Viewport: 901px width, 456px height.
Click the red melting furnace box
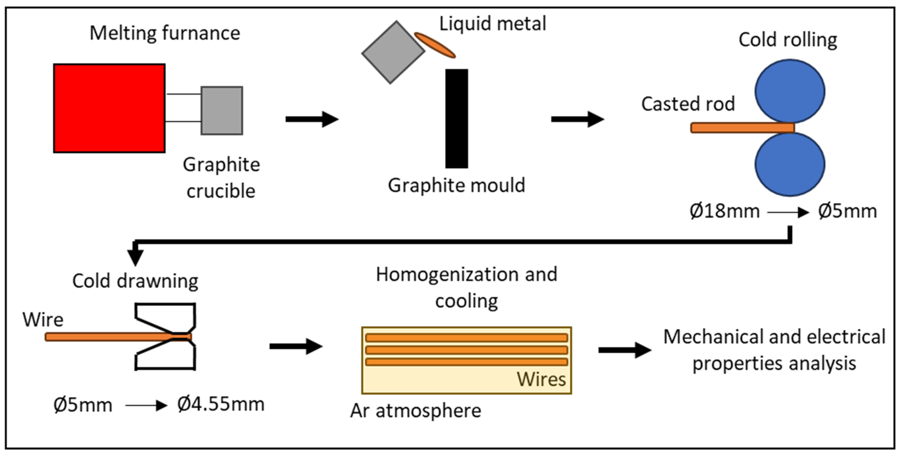(x=109, y=108)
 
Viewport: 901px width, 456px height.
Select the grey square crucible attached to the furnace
(x=222, y=111)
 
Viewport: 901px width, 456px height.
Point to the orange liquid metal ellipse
(x=435, y=45)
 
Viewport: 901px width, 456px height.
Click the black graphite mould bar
(x=457, y=118)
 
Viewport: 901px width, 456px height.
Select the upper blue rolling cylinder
(x=790, y=91)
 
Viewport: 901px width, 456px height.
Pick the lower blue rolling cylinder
(x=790, y=164)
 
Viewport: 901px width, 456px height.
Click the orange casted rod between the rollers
(x=741, y=128)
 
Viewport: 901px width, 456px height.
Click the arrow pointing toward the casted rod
(x=577, y=119)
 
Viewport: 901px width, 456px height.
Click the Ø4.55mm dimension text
(x=221, y=404)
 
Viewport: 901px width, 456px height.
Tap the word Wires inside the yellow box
(x=541, y=379)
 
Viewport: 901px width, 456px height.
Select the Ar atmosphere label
(x=415, y=411)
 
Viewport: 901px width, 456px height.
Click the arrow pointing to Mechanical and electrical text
(x=624, y=350)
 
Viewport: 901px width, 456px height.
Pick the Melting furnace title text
(x=165, y=34)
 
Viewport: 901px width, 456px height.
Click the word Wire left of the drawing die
(x=43, y=320)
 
